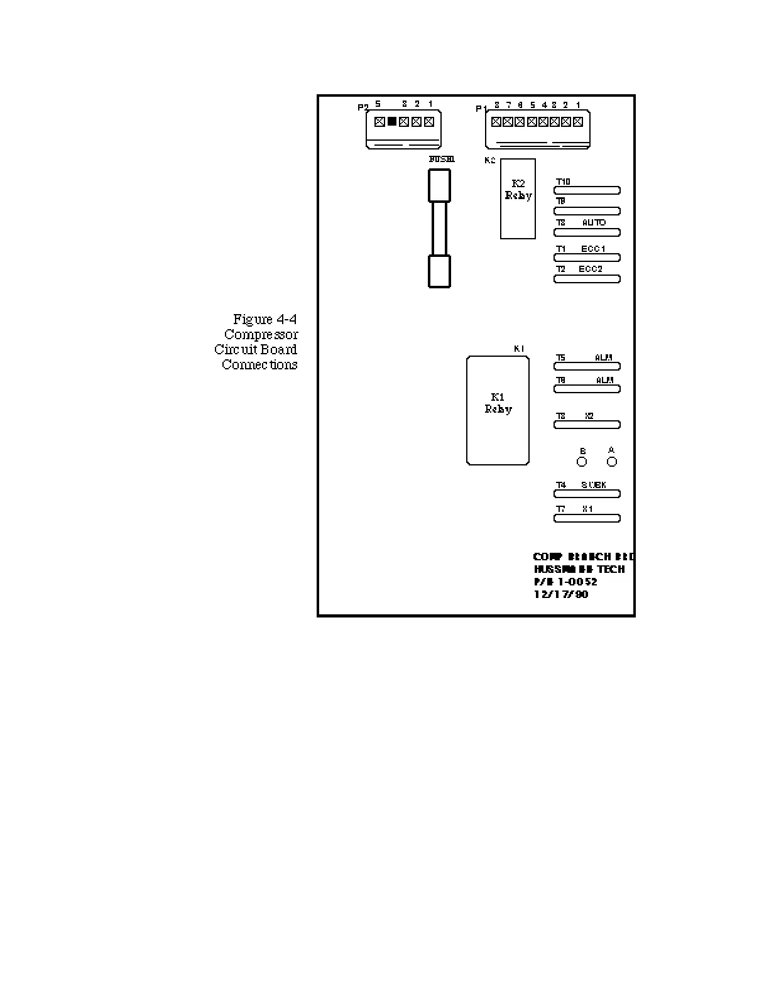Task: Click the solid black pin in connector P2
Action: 391,122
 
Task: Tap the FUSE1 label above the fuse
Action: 442,160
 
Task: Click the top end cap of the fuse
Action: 439,186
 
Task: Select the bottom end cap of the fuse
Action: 439,271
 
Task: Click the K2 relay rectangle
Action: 518,198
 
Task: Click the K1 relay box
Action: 498,411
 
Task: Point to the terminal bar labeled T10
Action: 587,190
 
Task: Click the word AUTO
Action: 594,223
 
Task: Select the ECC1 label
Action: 593,249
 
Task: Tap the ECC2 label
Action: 591,269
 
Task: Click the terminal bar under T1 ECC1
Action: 587,258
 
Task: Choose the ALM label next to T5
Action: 604,358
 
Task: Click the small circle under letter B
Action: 582,462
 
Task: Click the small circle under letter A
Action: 612,462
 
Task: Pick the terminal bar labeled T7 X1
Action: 587,518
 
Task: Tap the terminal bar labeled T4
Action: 587,494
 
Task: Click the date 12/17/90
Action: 561,594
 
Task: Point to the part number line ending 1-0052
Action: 565,582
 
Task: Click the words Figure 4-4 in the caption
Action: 265,319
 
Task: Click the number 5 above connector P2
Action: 378,104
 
